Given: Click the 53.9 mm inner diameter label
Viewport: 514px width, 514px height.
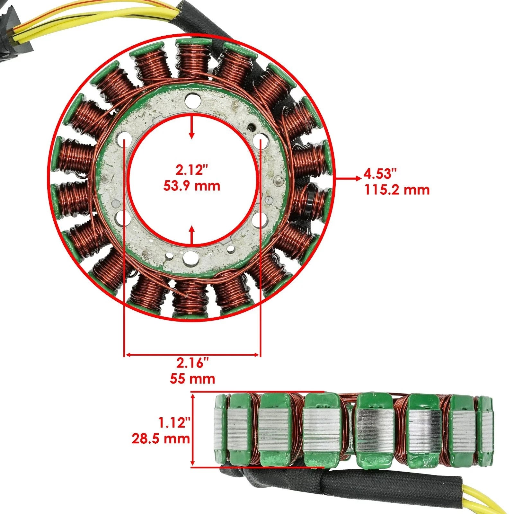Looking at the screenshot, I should (x=192, y=186).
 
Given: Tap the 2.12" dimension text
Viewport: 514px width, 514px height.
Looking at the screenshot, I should (x=192, y=170).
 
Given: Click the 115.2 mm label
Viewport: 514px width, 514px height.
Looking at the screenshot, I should (x=397, y=190).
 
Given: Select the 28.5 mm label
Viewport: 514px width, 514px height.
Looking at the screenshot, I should (x=161, y=439).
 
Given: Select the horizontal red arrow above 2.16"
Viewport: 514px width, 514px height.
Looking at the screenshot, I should (x=192, y=355).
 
